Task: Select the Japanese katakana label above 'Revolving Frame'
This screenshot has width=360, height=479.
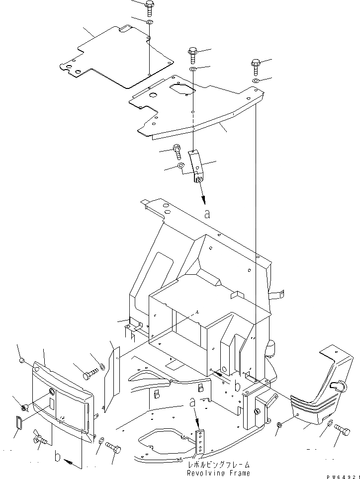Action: [x=218, y=464]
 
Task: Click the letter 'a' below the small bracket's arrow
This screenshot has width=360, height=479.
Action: [x=207, y=215]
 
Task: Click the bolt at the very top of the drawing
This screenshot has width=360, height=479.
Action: [x=150, y=8]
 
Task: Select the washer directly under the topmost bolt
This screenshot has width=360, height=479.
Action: [x=150, y=23]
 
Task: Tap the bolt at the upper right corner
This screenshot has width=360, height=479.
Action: [x=256, y=66]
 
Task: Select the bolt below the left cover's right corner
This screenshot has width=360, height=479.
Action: [x=114, y=448]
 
